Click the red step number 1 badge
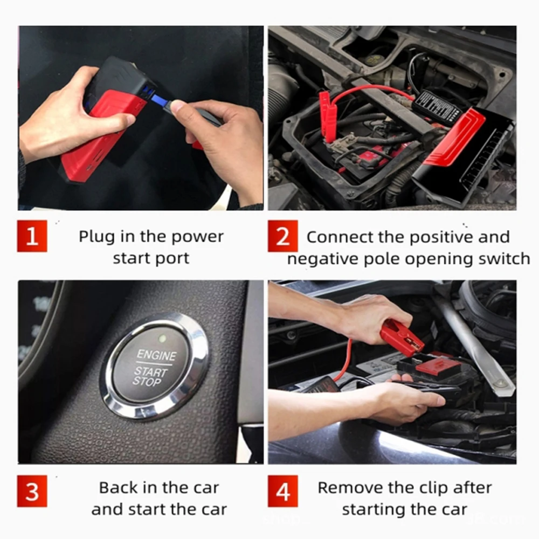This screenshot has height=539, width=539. click(x=32, y=236)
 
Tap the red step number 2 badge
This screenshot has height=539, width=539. click(x=282, y=236)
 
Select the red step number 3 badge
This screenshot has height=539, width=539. click(x=32, y=491)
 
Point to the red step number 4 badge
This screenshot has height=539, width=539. click(x=282, y=491)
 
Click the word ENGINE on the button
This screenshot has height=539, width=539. click(x=156, y=355)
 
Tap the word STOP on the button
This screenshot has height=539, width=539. click(x=147, y=381)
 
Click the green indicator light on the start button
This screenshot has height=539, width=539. click(x=162, y=338)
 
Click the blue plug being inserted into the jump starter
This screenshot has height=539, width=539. click(x=160, y=100)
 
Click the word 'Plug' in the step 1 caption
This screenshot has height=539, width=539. click(x=96, y=237)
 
